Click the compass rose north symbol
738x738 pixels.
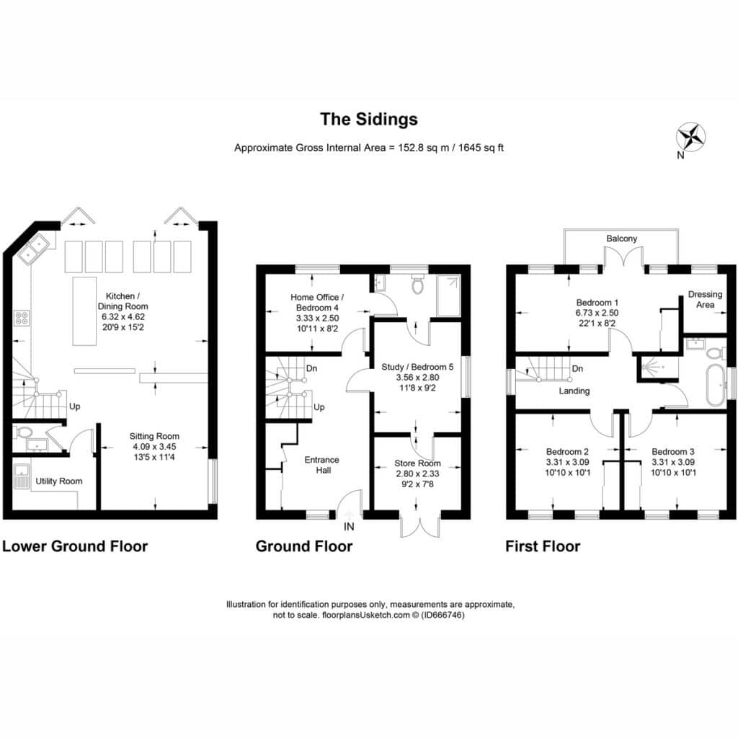pos(690,138)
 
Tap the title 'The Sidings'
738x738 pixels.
pos(369,119)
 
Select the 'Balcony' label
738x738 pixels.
pos(621,238)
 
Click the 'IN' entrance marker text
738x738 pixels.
pos(349,527)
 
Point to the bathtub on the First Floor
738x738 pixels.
pos(716,385)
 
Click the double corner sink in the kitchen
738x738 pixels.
pos(34,249)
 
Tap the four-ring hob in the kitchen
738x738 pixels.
pos(22,317)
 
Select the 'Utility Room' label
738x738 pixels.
pos(59,481)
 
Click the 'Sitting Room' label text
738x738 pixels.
pos(154,436)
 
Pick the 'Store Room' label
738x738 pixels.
pos(417,463)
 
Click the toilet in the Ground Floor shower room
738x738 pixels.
pos(417,284)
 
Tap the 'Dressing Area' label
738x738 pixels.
pos(705,299)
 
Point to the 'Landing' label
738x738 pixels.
pos(574,391)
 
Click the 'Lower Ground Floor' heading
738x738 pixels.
pos(75,546)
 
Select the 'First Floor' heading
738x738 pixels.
pos(543,546)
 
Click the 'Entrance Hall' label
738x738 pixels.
pos(322,465)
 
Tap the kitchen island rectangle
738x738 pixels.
pos(85,311)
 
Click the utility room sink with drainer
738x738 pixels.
pos(22,476)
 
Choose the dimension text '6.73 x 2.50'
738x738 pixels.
pos(597,313)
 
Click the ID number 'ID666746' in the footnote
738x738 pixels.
pos(443,615)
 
